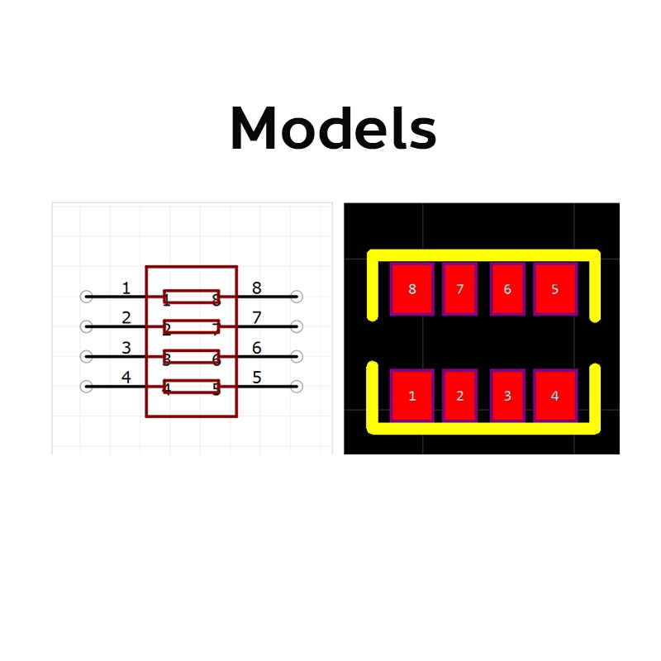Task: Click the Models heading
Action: pos(333,129)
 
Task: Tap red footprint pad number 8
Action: pos(412,289)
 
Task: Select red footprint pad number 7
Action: pos(459,289)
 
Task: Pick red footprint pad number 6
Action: pos(507,289)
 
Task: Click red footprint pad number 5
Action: pos(554,289)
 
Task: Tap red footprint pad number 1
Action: pos(412,395)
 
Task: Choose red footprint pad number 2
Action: pos(459,395)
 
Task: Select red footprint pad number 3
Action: pos(507,395)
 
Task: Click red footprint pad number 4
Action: pos(554,395)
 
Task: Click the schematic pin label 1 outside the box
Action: pos(126,288)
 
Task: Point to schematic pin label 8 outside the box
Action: pos(256,288)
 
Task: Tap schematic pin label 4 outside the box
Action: pos(126,378)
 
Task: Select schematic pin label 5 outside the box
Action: pos(256,378)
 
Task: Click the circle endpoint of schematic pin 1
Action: pos(86,297)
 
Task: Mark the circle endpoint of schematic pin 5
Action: pos(297,387)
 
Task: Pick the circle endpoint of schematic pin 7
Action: pos(297,326)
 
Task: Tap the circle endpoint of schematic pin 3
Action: pos(86,357)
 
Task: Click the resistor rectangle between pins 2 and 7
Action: pos(192,326)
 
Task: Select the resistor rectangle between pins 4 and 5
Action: pos(192,387)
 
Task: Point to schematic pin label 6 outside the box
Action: pos(256,348)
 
